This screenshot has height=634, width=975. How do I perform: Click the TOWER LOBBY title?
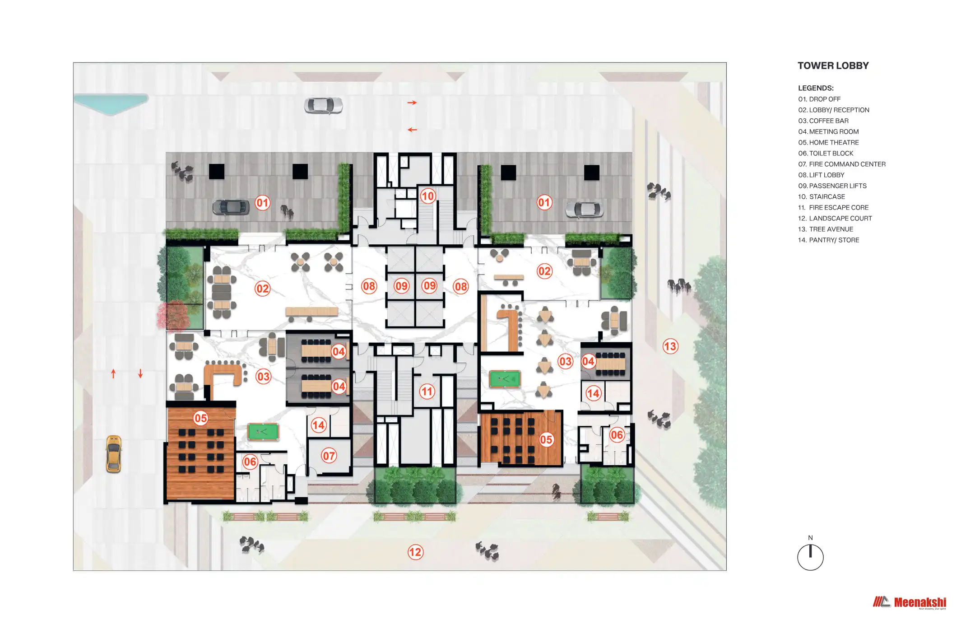(833, 66)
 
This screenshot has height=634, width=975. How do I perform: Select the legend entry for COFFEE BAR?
(823, 121)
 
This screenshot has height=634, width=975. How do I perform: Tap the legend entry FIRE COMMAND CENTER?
(842, 164)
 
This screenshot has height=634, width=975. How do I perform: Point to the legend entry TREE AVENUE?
(826, 229)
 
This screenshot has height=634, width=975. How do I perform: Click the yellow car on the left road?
(114, 454)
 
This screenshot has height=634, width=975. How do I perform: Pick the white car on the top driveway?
(323, 106)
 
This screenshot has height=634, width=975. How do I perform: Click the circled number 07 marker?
(329, 456)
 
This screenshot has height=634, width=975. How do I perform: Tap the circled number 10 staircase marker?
(427, 196)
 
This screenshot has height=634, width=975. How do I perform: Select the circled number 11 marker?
(427, 391)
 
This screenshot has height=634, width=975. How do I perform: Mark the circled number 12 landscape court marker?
(415, 552)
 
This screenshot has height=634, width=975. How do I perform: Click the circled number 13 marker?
(670, 346)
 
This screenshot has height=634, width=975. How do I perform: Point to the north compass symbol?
(810, 556)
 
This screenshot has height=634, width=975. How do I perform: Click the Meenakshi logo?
(909, 602)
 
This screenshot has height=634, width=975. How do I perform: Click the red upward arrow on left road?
(113, 373)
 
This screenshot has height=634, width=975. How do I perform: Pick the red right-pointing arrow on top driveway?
(412, 103)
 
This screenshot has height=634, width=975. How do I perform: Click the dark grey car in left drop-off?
(231, 207)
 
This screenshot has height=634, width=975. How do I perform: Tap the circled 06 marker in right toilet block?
(617, 435)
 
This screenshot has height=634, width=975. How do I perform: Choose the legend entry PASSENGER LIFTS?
(832, 186)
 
